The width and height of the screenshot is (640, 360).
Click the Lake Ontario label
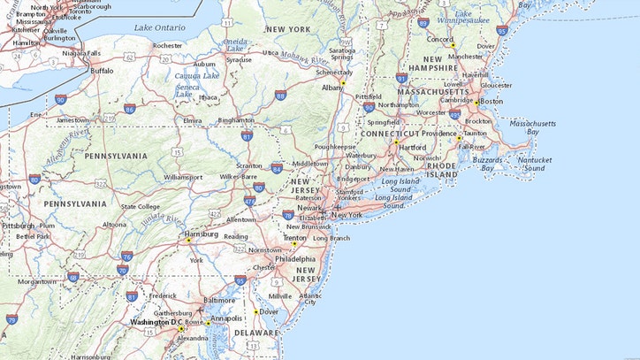coord(159,27)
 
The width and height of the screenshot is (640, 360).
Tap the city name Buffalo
coord(102,70)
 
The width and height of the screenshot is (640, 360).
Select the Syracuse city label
coord(238,60)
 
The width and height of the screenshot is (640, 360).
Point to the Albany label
coord(332,88)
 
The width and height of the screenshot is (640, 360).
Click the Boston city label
coord(491,101)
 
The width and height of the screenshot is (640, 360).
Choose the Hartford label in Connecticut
coord(413,147)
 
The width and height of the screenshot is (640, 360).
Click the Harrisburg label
coord(201,234)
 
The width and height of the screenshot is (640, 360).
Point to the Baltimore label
coord(220,300)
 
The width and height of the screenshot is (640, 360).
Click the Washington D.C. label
coord(156,322)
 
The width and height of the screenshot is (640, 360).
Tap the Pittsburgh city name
coord(18,226)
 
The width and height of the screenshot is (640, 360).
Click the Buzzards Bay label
coord(487,164)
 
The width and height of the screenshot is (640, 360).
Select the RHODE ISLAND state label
coord(443,169)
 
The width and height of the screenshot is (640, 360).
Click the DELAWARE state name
coord(256,332)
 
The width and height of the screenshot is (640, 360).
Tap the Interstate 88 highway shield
coord(280,96)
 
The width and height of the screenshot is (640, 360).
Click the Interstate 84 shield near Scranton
coord(277,167)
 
